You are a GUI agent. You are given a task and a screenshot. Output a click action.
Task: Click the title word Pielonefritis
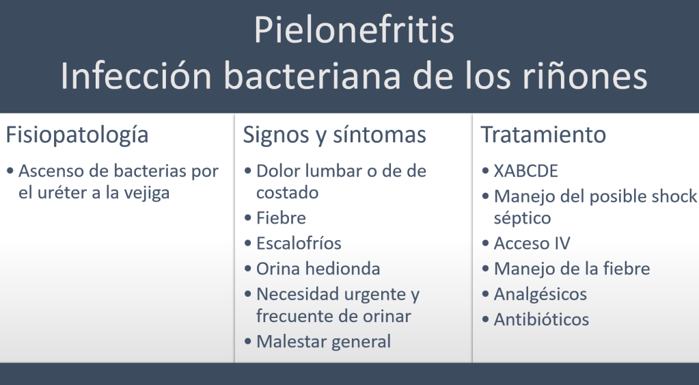pyautogui.click(x=355, y=30)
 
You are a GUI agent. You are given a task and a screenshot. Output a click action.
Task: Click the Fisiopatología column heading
pyautogui.click(x=77, y=135)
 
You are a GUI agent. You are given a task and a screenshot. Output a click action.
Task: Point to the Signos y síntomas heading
pyautogui.click(x=335, y=135)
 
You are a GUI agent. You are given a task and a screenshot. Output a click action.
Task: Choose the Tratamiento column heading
pyautogui.click(x=543, y=134)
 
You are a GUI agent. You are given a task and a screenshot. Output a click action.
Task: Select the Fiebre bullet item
pyautogui.click(x=282, y=218)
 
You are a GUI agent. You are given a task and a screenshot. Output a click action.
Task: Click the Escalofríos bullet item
pyautogui.click(x=299, y=243)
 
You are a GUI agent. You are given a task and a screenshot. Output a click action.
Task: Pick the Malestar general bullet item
pyautogui.click(x=324, y=342)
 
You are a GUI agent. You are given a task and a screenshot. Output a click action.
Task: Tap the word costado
pyautogui.click(x=288, y=193)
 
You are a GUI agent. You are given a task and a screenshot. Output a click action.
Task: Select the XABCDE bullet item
pyautogui.click(x=526, y=172)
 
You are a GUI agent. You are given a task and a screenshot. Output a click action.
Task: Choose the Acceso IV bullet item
pyautogui.click(x=532, y=243)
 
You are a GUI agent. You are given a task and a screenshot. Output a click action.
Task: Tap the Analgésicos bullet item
pyautogui.click(x=540, y=295)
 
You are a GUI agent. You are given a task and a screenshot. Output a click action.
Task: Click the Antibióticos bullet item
pyautogui.click(x=542, y=320)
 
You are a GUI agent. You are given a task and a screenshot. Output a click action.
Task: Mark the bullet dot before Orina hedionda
pyautogui.click(x=248, y=269)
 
